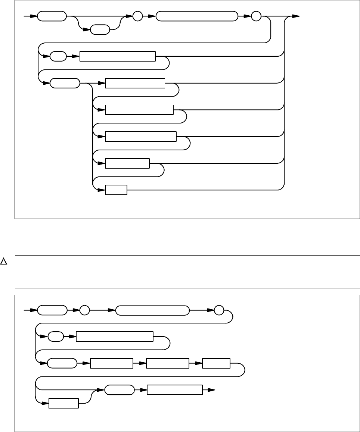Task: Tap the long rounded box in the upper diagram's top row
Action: tap(196, 16)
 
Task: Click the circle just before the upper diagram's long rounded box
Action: tap(137, 16)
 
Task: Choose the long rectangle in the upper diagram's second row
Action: tap(118, 57)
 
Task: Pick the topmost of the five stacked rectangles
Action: tap(135, 83)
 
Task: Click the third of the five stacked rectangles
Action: tap(140, 137)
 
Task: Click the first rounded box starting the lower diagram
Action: tap(52, 310)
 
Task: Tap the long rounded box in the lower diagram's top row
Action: tap(152, 310)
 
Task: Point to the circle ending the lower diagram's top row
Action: tap(219, 310)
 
